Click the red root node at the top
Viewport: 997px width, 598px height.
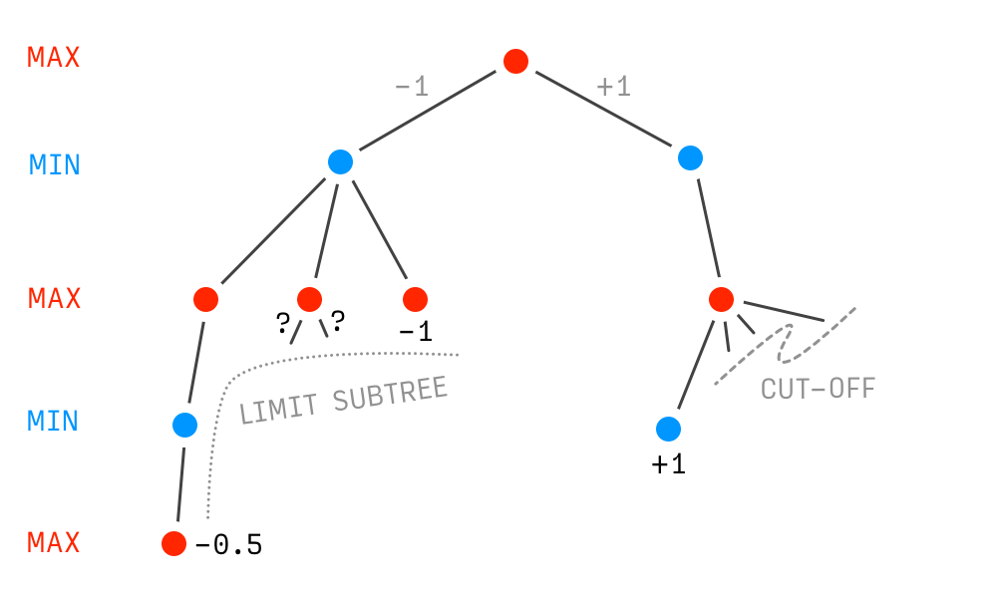pyautogui.click(x=515, y=62)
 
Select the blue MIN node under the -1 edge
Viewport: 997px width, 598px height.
pyautogui.click(x=341, y=161)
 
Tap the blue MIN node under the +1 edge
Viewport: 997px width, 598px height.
pyautogui.click(x=690, y=157)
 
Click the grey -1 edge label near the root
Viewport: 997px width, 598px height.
pyautogui.click(x=411, y=88)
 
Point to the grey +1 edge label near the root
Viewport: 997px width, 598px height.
pyautogui.click(x=614, y=88)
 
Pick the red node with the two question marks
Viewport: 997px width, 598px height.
pyautogui.click(x=310, y=298)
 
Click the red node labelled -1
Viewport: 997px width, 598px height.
pyautogui.click(x=415, y=298)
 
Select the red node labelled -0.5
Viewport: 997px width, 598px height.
pyautogui.click(x=173, y=543)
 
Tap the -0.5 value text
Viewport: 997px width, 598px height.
pyautogui.click(x=228, y=545)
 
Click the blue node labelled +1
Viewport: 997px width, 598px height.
pyautogui.click(x=668, y=429)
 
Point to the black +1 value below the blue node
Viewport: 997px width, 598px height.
pyautogui.click(x=668, y=464)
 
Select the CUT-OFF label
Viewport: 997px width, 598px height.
pyautogui.click(x=818, y=389)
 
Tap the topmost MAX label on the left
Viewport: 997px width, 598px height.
pyautogui.click(x=54, y=58)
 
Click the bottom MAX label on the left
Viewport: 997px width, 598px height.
pyautogui.click(x=54, y=543)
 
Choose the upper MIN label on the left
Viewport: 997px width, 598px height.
pyautogui.click(x=54, y=164)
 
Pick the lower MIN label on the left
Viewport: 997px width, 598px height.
pyautogui.click(x=54, y=421)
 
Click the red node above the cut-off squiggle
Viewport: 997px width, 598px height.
pyautogui.click(x=722, y=298)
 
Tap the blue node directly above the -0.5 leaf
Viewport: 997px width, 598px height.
pyautogui.click(x=185, y=425)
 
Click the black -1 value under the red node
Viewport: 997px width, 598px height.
pyautogui.click(x=415, y=332)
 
